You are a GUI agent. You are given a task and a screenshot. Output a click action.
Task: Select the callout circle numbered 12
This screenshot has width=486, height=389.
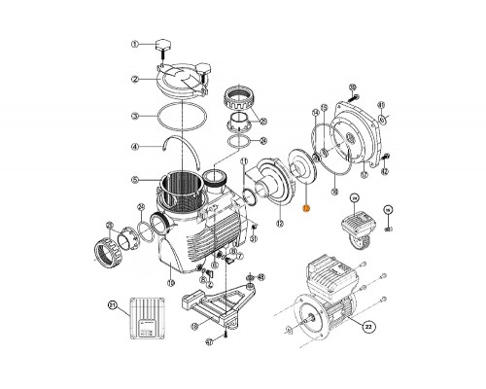280,251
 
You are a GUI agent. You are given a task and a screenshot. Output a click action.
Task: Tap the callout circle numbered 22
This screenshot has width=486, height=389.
370,327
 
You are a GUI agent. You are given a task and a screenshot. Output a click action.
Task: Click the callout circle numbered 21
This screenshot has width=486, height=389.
112,306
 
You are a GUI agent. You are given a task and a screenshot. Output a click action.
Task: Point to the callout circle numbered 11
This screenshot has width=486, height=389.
244,161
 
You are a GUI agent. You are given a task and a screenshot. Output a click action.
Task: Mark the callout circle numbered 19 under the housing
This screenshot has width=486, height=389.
171,283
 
